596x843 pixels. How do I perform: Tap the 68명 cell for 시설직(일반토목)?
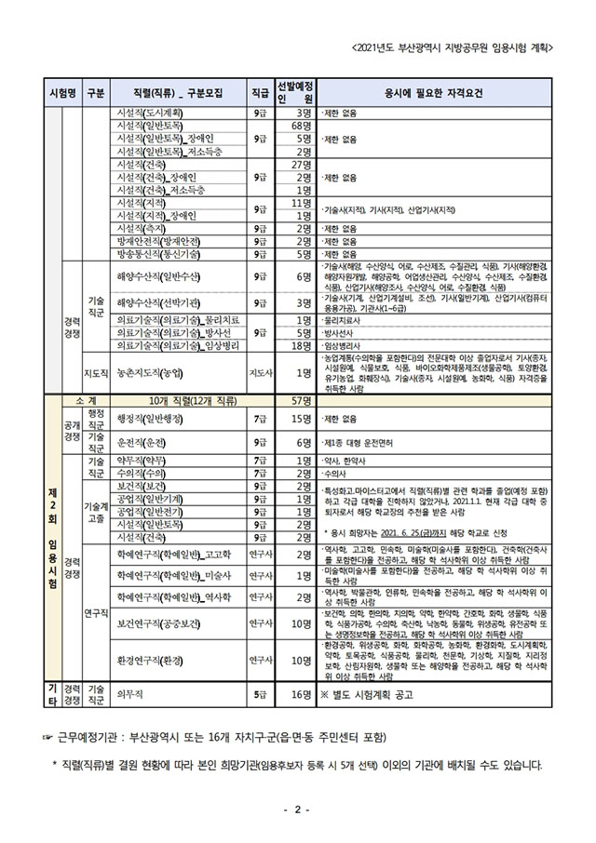300,127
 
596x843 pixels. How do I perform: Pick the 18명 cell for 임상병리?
300,345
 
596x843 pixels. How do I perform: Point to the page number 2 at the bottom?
296,809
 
